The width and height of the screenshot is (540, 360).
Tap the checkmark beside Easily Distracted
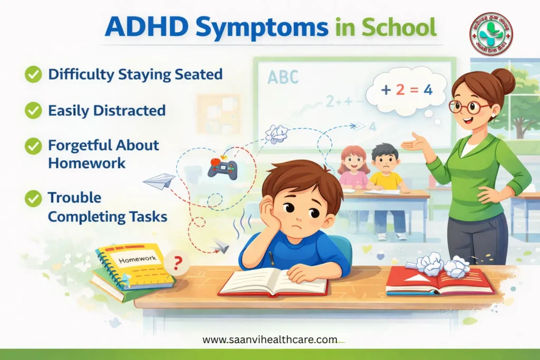pyautogui.click(x=33, y=110)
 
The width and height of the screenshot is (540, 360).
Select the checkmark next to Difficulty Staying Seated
pyautogui.click(x=33, y=74)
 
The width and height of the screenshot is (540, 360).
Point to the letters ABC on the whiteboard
pyautogui.click(x=283, y=77)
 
